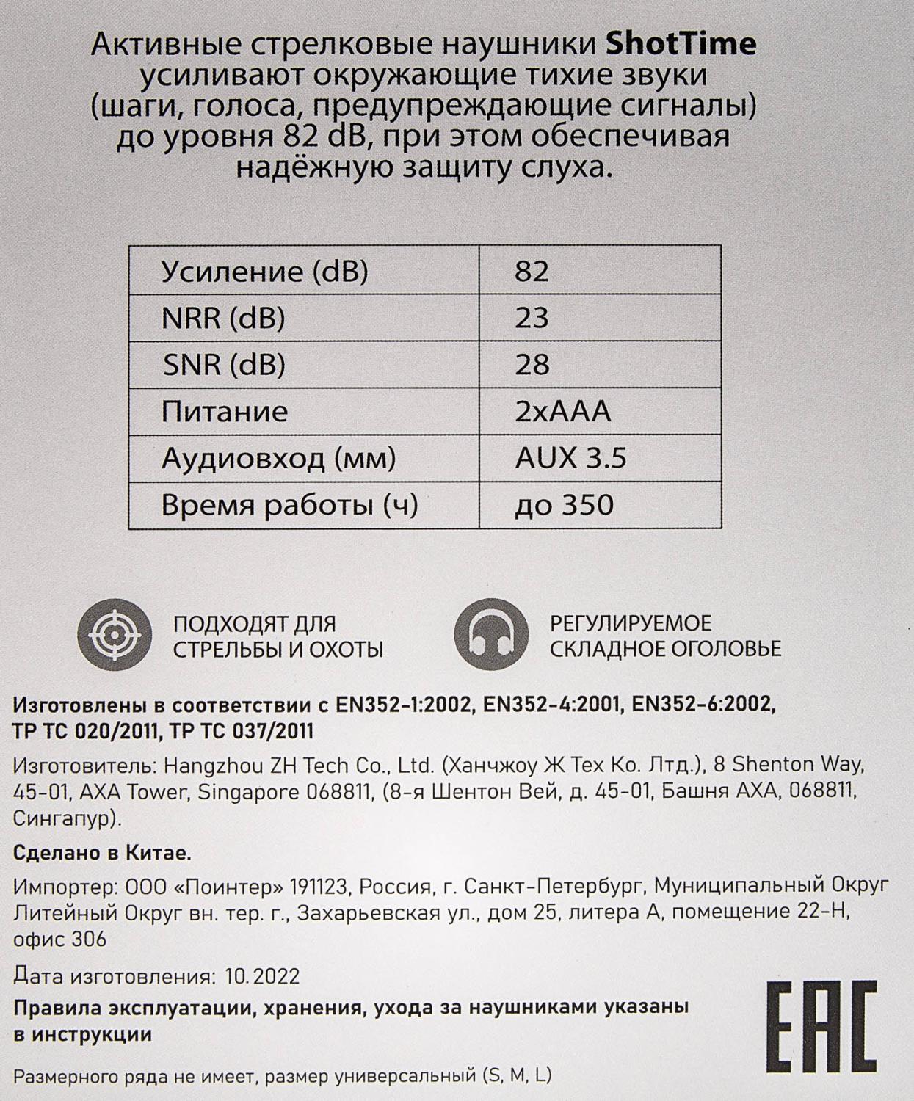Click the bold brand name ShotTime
pyautogui.click(x=681, y=45)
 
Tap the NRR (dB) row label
pyautogui.click(x=223, y=318)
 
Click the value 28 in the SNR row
pyautogui.click(x=532, y=364)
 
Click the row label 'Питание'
pyautogui.click(x=224, y=411)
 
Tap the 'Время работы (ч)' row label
pyautogui.click(x=289, y=505)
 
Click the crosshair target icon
pyautogui.click(x=115, y=636)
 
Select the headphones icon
pyautogui.click(x=490, y=636)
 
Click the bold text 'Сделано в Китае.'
pyautogui.click(x=102, y=854)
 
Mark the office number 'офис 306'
pyautogui.click(x=60, y=939)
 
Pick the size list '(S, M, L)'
pyautogui.click(x=517, y=1077)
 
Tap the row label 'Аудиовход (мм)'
pyautogui.click(x=278, y=458)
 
